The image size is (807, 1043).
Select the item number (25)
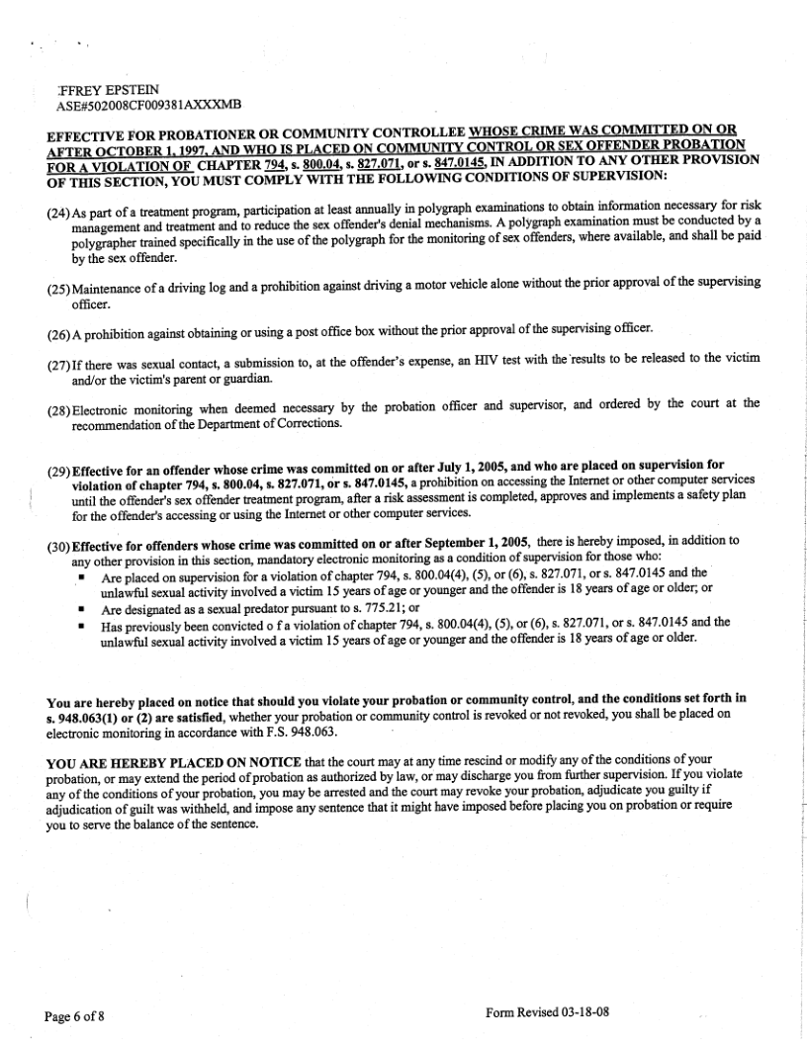click(58, 284)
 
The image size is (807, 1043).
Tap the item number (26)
click(58, 328)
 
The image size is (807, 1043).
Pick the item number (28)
click(58, 403)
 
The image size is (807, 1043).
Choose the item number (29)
click(58, 465)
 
